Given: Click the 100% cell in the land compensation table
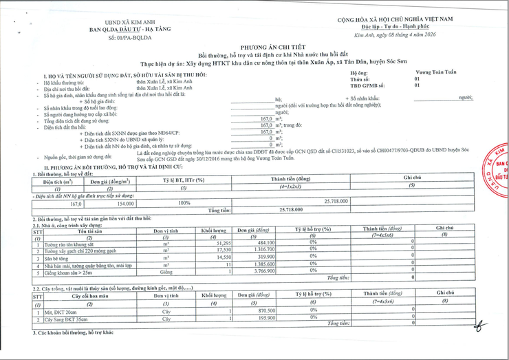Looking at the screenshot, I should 184,204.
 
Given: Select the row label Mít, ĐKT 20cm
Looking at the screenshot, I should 59,311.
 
